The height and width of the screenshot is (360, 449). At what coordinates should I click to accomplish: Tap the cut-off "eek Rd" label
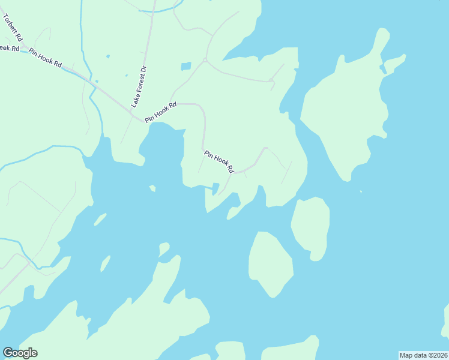[x=10, y=47]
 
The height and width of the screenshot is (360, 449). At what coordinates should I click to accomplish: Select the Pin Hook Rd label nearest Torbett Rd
[x=45, y=58]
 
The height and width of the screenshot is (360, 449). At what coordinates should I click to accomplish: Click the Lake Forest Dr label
[x=139, y=85]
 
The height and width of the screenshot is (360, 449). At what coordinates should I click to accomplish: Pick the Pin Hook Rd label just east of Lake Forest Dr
[x=160, y=112]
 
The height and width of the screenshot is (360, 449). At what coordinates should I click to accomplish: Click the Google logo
[x=20, y=353]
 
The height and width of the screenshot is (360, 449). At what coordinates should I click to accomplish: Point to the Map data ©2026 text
[x=423, y=355]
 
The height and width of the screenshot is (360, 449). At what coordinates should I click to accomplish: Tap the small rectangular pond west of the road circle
[x=186, y=66]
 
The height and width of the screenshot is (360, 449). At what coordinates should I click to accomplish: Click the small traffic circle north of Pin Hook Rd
[x=205, y=60]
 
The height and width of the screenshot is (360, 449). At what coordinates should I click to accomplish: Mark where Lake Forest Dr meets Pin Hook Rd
[x=131, y=110]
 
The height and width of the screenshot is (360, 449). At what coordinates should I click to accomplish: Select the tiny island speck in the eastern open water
[x=361, y=192]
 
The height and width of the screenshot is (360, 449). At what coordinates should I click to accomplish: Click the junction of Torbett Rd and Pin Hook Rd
[x=24, y=52]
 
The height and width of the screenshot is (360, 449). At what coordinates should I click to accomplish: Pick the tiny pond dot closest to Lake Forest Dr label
[x=127, y=75]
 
